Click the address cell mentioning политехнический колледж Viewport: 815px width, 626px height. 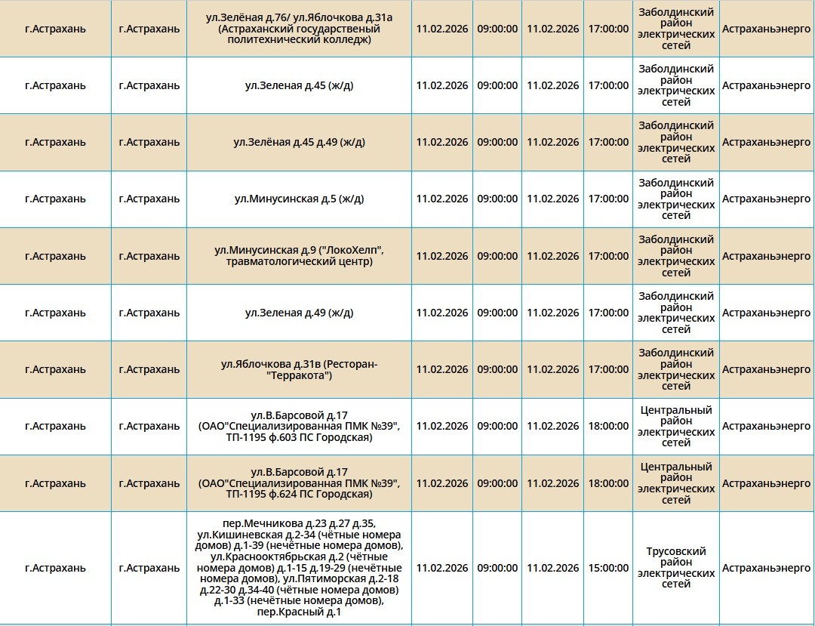(299, 29)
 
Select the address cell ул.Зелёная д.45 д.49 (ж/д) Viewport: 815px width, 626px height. (299, 142)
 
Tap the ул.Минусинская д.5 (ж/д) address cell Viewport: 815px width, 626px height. (299, 199)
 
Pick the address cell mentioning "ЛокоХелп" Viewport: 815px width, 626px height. (299, 256)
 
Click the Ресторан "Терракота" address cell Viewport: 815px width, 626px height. (299, 370)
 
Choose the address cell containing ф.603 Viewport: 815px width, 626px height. (299, 427)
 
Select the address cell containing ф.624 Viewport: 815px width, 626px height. (299, 483)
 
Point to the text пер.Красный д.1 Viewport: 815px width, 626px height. (299, 612)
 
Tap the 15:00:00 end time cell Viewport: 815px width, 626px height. (608, 568)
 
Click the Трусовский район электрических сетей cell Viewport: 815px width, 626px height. (676, 568)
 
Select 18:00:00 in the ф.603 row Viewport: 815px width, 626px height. (608, 427)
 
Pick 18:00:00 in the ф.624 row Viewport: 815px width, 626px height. (608, 483)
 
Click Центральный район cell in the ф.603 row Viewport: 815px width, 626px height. (676, 427)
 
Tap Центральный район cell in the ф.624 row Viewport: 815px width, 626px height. (676, 483)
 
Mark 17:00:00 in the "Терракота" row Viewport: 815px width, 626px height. (608, 370)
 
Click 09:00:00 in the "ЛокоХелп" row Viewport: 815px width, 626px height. (497, 256)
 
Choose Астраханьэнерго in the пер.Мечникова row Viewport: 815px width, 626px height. (766, 568)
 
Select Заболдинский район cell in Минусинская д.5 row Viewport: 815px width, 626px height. (676, 199)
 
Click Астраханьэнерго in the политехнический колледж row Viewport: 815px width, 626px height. (766, 29)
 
